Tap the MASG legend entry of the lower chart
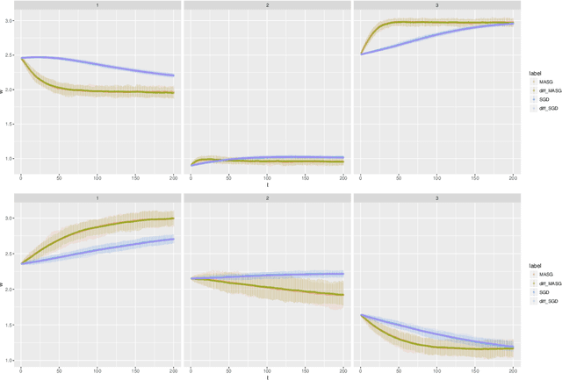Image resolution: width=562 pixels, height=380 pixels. [x=544, y=275]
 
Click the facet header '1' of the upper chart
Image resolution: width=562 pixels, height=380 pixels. [x=97, y=5]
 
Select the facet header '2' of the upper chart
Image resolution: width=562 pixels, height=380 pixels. [x=267, y=5]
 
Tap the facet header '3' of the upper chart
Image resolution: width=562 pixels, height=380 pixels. [x=436, y=5]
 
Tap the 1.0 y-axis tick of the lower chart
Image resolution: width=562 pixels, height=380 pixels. [x=9, y=360]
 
